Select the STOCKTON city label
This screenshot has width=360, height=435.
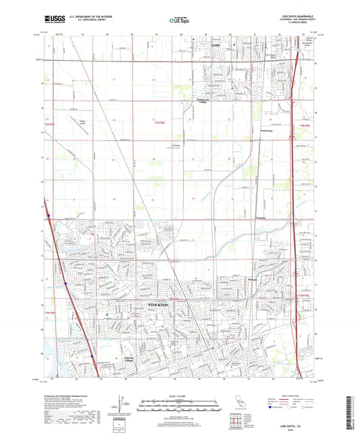tap(157, 305)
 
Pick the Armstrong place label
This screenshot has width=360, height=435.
tap(265, 131)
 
